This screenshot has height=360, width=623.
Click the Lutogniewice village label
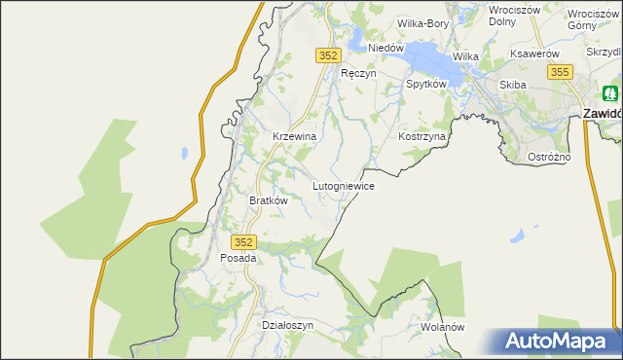pyautogui.click(x=344, y=185)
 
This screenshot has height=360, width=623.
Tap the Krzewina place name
pyautogui.click(x=294, y=137)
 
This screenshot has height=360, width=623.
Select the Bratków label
pyautogui.click(x=269, y=200)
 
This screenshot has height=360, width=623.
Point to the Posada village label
pyautogui.click(x=238, y=259)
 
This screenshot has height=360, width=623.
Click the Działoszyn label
pyautogui.click(x=288, y=326)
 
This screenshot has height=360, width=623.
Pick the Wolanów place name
pyautogui.click(x=444, y=327)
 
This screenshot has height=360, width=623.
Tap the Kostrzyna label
pyautogui.click(x=421, y=137)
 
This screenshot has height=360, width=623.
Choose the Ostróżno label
pyautogui.click(x=549, y=157)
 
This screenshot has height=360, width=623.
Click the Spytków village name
pyautogui.click(x=425, y=85)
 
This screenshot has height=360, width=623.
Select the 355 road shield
pyautogui.click(x=559, y=72)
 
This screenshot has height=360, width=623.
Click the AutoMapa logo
pyautogui.click(x=560, y=341)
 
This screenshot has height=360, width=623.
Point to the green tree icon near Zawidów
pyautogui.click(x=609, y=94)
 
